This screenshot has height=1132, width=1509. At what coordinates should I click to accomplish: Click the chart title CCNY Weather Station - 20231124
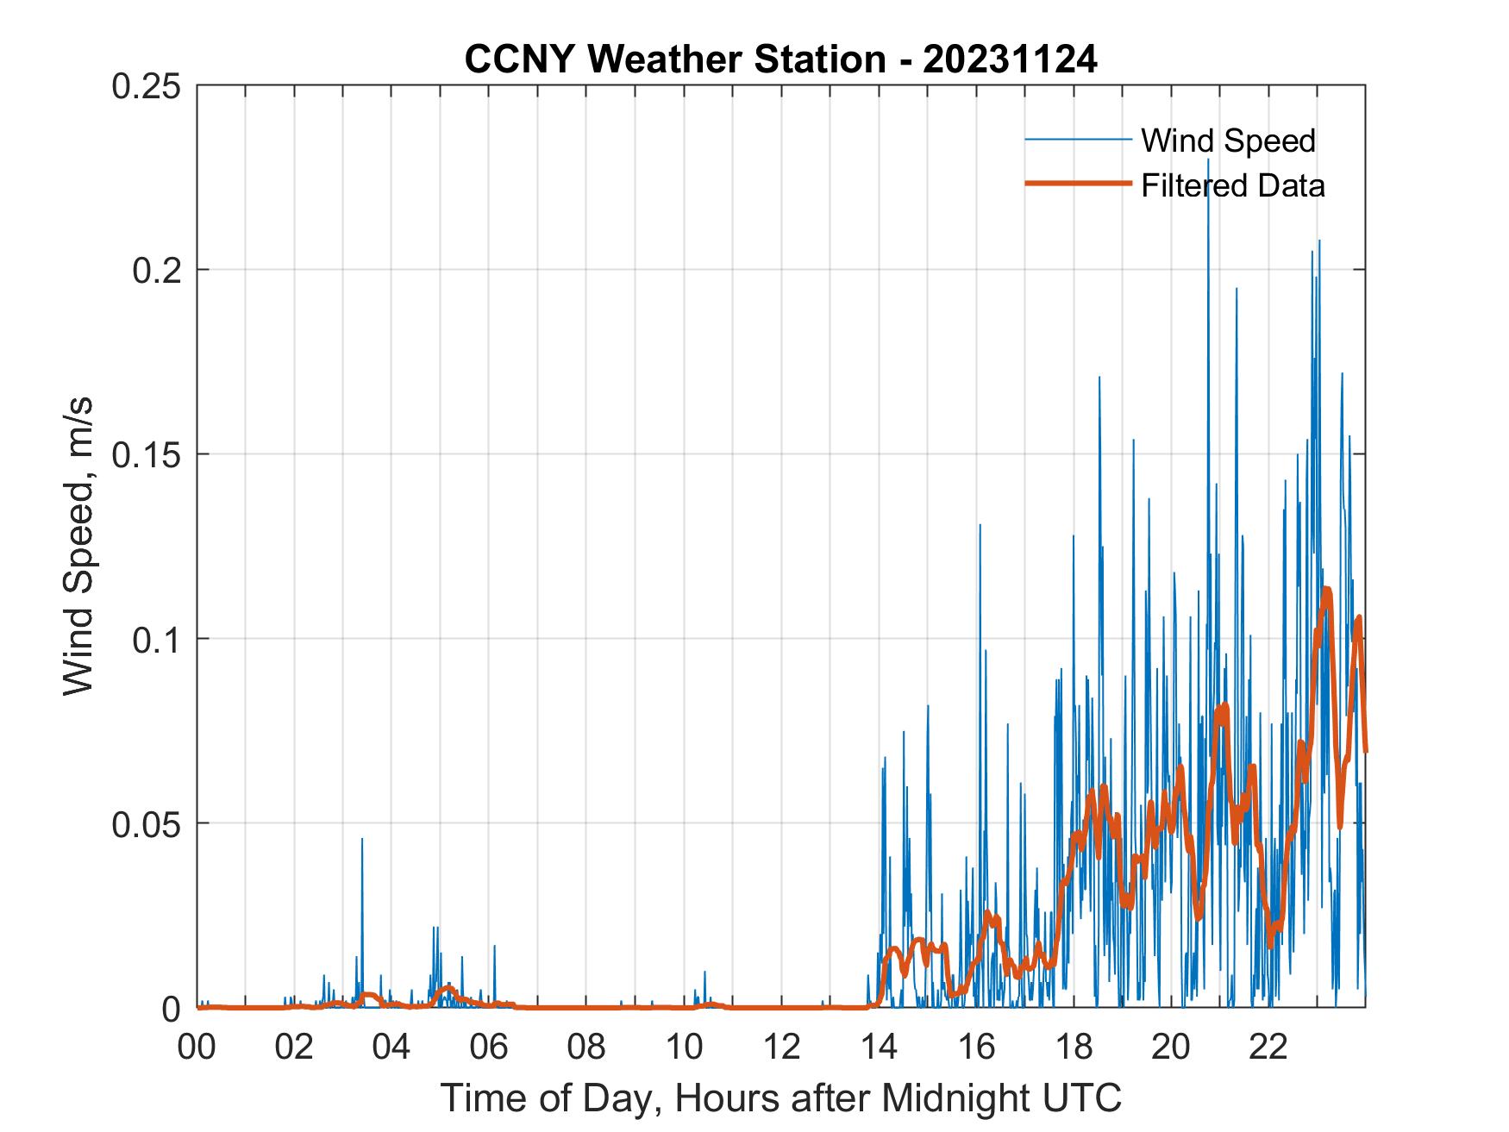coord(780,59)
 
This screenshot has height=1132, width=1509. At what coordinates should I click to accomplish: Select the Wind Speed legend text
coord(1228,141)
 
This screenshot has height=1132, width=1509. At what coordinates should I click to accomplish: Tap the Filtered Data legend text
coord(1232,185)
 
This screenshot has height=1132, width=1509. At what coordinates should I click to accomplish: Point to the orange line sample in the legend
coord(1077,184)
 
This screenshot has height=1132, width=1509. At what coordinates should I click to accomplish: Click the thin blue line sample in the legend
coord(1077,139)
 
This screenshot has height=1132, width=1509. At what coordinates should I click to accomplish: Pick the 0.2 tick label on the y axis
coord(159,270)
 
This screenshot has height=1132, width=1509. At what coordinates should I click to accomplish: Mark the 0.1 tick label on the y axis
coord(159,639)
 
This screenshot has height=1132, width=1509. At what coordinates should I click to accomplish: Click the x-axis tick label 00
coord(197,1048)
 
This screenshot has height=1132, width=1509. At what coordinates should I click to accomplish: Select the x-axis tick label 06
coord(489,1048)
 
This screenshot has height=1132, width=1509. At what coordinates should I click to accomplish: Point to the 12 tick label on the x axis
coord(781,1048)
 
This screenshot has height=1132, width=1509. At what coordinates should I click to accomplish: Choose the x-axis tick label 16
coord(976,1048)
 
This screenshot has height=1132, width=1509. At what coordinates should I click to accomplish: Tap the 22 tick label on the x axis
coord(1268,1048)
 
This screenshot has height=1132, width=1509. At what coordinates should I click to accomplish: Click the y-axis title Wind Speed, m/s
coord(78,547)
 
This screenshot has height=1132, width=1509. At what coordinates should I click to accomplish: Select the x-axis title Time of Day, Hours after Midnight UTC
coord(781,1098)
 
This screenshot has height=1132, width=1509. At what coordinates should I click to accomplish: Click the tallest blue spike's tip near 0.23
coord(1208,159)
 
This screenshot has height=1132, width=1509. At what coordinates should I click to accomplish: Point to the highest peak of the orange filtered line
coord(1326,590)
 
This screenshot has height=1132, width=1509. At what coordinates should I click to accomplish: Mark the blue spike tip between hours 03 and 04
coord(362,838)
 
